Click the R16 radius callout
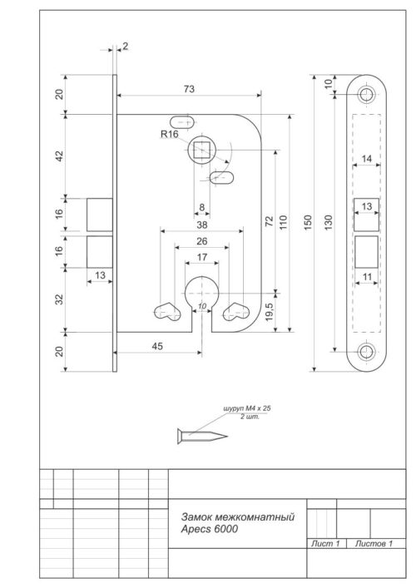(x=170, y=134)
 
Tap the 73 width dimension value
(x=189, y=89)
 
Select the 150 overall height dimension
(x=308, y=222)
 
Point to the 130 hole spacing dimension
(x=328, y=222)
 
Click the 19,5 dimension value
(x=269, y=312)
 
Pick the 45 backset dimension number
(x=157, y=346)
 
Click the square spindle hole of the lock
(x=201, y=150)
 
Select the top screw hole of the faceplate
(x=366, y=94)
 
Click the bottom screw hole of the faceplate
(x=366, y=352)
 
